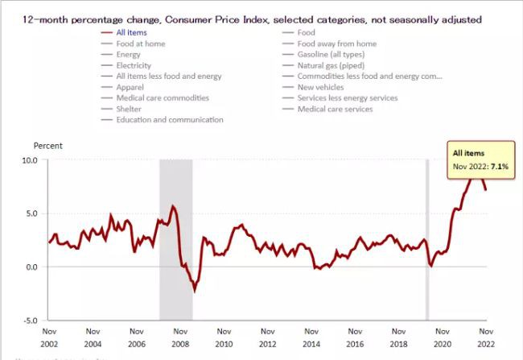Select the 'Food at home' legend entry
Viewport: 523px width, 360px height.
(x=140, y=43)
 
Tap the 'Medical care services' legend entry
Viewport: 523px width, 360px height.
(x=335, y=109)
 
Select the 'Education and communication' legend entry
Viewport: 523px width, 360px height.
(x=169, y=120)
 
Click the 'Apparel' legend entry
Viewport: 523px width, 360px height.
(x=131, y=87)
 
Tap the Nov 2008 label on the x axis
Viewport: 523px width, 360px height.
(x=180, y=336)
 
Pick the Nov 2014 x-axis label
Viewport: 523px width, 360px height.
(x=311, y=336)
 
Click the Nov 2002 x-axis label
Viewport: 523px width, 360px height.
(x=49, y=336)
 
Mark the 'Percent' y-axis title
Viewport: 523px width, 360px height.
(x=47, y=146)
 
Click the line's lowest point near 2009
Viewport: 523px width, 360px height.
(x=194, y=291)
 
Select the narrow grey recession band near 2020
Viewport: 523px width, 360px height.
(x=427, y=240)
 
